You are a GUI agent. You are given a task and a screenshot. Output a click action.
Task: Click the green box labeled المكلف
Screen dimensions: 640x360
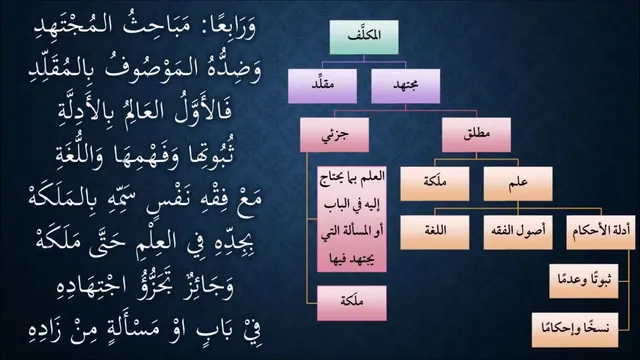pos(364,37)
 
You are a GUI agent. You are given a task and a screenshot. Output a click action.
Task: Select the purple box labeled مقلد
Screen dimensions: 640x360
pos(322,86)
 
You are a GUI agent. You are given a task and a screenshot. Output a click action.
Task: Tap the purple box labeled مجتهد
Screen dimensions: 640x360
pos(406,86)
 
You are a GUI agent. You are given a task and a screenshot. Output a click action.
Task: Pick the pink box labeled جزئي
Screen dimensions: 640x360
pos(335,135)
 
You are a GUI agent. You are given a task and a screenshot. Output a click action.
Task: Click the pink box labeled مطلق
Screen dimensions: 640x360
pos(476,135)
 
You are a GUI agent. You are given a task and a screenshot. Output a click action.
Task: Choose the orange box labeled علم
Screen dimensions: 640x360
pos(518,184)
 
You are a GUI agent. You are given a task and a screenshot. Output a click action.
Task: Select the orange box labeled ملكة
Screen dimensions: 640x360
pos(435,184)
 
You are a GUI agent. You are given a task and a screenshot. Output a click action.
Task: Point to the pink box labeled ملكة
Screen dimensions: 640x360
pos(352,303)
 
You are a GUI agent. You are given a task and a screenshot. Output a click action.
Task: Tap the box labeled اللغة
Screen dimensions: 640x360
pos(435,232)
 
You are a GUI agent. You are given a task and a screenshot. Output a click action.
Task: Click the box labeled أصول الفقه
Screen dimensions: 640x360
pos(518,232)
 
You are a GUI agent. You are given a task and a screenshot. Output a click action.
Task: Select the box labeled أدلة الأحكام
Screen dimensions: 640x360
pos(601,232)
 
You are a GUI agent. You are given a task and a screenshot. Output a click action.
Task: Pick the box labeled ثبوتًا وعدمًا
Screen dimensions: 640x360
pos(584,281)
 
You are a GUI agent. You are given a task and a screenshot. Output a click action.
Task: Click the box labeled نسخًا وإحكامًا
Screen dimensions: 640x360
pos(575,330)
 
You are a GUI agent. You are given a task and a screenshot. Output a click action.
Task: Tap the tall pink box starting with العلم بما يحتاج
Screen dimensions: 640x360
pos(352,219)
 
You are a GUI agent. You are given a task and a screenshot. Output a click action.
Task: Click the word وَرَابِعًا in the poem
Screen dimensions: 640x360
pos(229,28)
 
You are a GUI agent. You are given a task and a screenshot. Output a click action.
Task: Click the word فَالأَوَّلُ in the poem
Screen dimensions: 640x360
pos(202,111)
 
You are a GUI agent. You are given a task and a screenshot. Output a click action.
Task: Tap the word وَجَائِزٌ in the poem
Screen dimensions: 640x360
pos(207,287)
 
